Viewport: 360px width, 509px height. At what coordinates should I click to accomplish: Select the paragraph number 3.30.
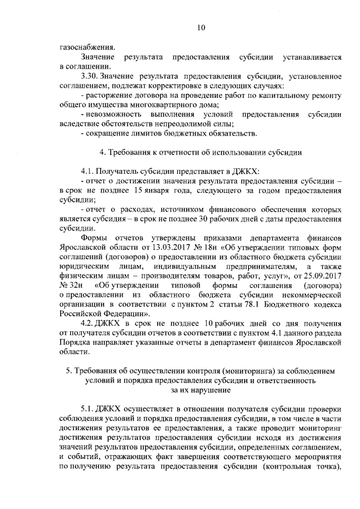(x=90, y=76)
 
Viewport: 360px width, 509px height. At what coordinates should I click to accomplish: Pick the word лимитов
(x=146, y=133)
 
